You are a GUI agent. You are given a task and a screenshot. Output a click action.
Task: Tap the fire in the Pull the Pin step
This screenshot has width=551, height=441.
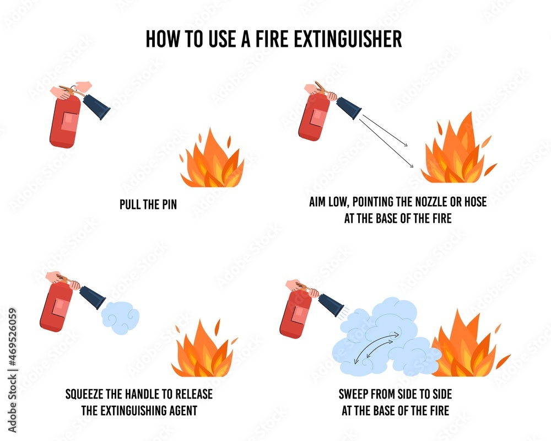(212, 162)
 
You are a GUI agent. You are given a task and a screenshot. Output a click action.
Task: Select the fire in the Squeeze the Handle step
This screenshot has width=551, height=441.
(203, 352)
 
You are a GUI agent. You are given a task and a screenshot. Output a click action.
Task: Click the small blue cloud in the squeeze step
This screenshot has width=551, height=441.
(120, 318)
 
